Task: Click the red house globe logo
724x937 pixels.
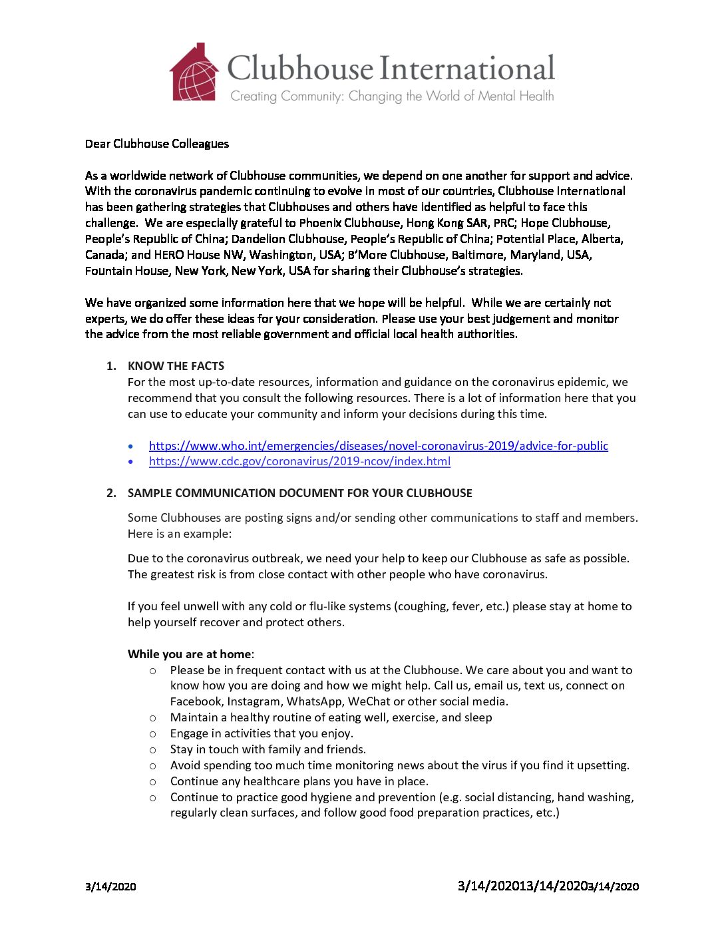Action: point(194,73)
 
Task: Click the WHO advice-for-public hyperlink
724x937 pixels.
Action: point(378,446)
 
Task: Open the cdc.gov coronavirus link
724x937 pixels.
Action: point(299,461)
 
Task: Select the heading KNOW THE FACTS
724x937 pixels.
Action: point(176,366)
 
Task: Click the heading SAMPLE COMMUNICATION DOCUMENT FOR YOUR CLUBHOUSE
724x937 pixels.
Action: point(299,493)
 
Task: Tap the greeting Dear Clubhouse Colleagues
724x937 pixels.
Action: point(157,144)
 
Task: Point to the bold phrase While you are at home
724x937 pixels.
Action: point(190,654)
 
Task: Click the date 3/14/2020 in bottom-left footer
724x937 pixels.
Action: point(110,886)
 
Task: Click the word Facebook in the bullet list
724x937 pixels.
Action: point(196,701)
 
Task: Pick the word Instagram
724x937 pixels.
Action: point(254,701)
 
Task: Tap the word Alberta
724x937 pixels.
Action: point(602,239)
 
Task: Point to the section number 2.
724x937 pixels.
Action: point(111,493)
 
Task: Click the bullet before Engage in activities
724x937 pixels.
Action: point(153,734)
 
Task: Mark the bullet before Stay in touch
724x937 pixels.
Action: point(153,750)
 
